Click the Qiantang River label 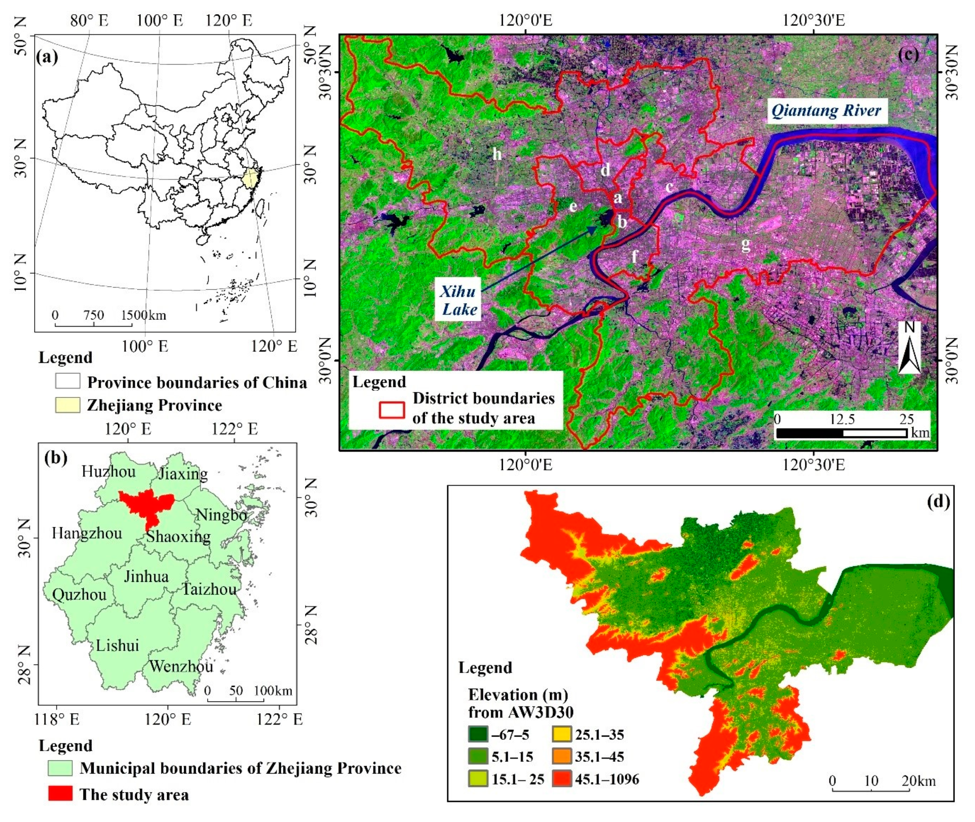(x=826, y=111)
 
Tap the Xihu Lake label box (x=459, y=301)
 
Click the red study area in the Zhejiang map (x=146, y=506)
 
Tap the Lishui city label (x=117, y=645)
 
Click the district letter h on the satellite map (x=497, y=154)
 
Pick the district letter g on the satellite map (x=746, y=244)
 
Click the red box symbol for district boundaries (x=391, y=409)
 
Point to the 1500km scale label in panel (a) (x=143, y=315)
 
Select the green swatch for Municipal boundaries (x=60, y=768)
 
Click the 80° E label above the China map (x=90, y=21)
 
